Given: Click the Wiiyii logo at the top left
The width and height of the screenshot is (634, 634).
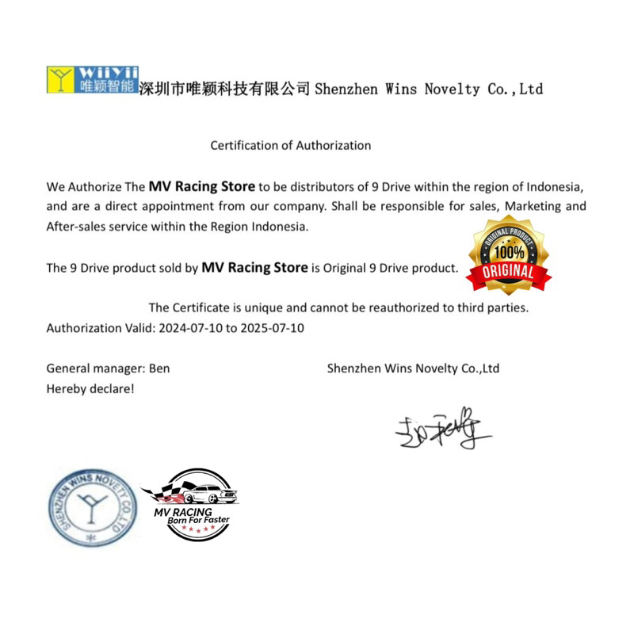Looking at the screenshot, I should tap(92, 80).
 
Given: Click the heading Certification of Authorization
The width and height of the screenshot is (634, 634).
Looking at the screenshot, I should tap(290, 145).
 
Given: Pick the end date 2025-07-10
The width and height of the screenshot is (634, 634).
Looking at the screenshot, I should tap(272, 327).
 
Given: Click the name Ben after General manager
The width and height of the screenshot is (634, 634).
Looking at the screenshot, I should tap(159, 369).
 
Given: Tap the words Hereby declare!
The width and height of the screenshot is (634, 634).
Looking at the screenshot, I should tap(90, 389).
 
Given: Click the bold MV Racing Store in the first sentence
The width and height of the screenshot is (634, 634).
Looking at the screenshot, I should tap(201, 187).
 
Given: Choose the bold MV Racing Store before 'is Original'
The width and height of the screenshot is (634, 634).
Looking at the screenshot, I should tap(254, 268).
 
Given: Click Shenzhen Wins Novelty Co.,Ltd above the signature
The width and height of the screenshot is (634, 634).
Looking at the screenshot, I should tap(413, 369).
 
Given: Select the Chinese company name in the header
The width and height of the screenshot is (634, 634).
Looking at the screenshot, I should tap(223, 88).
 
